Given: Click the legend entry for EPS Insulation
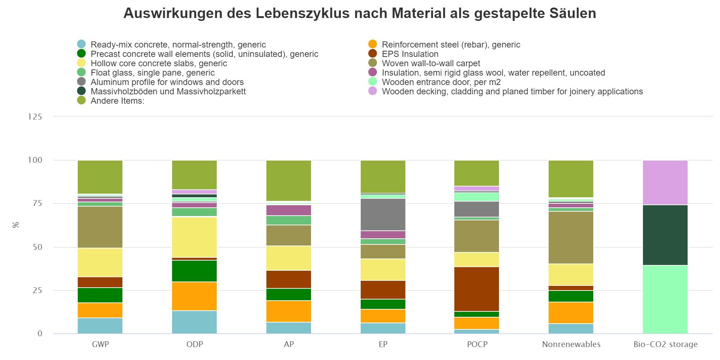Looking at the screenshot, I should [410, 54].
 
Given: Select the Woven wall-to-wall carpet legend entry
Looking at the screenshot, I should [431, 63].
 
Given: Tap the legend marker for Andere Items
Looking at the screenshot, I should [81, 101].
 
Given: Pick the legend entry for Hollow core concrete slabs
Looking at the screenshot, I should [158, 63].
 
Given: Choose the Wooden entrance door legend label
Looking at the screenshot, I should [441, 82].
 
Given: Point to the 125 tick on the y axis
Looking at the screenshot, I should [35, 117].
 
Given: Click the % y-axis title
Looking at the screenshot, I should [16, 225].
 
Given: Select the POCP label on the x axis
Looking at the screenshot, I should [477, 345].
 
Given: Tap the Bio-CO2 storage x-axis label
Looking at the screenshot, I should [665, 345].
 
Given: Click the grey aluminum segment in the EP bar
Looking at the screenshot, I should [383, 215].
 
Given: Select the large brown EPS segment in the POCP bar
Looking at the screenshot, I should [477, 289].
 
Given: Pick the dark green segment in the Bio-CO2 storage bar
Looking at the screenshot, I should [665, 235].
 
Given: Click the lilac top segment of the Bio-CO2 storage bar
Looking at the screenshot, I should [665, 183].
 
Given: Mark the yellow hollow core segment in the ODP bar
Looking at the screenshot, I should [194, 237].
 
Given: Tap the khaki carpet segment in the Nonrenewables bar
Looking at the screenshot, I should [571, 238].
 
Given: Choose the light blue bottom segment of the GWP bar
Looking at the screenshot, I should [100, 326].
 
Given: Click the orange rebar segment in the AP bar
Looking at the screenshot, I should [289, 311].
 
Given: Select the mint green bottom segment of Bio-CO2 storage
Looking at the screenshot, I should [665, 300].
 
